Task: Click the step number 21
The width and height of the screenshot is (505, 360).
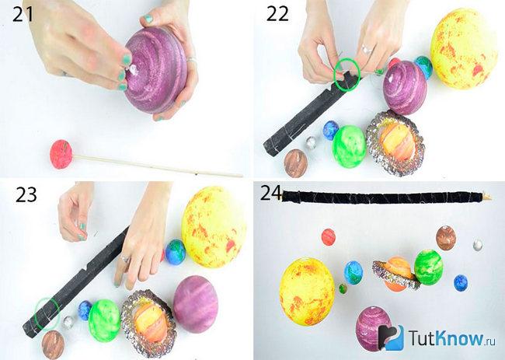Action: pyautogui.click(x=23, y=15)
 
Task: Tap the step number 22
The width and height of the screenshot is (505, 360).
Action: pyautogui.click(x=277, y=15)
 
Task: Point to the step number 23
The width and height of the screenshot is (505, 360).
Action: pyautogui.click(x=26, y=195)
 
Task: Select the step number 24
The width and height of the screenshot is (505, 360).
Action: pyautogui.click(x=271, y=192)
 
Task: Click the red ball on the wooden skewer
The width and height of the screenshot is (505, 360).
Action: pyautogui.click(x=61, y=154)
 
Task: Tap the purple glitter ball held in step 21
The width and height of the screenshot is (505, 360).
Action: pyautogui.click(x=156, y=69)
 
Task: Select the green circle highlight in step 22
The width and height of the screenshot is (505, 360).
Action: pyautogui.click(x=347, y=74)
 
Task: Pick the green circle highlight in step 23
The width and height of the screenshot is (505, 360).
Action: pyautogui.click(x=47, y=314)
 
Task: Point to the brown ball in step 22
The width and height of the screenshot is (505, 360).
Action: pyautogui.click(x=296, y=163)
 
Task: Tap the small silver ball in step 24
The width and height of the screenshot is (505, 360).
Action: pyautogui.click(x=478, y=245)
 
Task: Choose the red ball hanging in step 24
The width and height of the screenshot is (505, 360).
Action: pyautogui.click(x=329, y=237)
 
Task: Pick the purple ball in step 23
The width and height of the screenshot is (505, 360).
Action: pyautogui.click(x=196, y=304)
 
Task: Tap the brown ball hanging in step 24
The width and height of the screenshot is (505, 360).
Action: pyautogui.click(x=446, y=238)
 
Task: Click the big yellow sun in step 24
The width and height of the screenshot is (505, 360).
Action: pyautogui.click(x=307, y=292)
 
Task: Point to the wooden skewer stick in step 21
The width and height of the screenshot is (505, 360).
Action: pyautogui.click(x=158, y=166)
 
